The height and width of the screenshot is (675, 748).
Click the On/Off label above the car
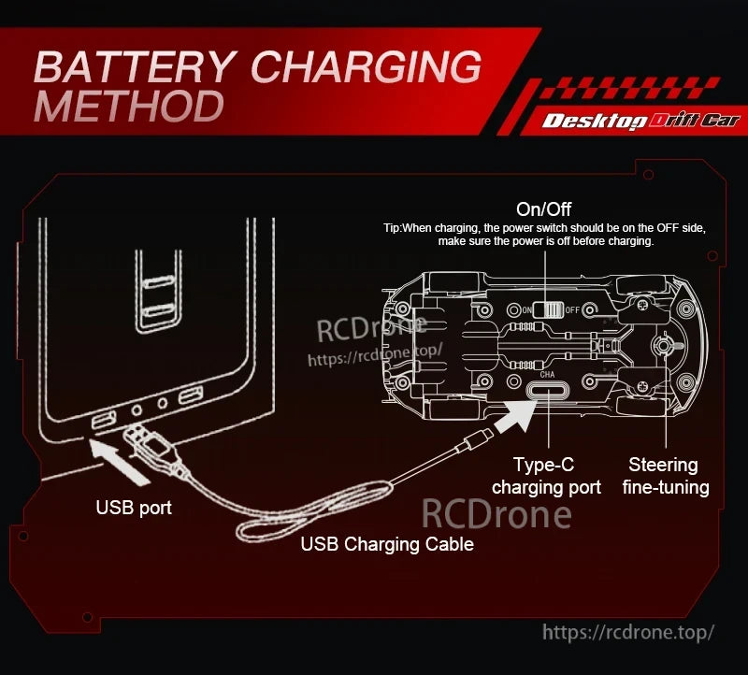click(543, 208)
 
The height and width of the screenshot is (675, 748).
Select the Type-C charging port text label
click(546, 476)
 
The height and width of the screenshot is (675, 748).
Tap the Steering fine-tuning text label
click(663, 476)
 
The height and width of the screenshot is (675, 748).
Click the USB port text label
click(134, 509)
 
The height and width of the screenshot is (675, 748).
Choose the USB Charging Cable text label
click(387, 544)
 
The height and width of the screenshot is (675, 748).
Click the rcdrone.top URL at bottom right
click(628, 632)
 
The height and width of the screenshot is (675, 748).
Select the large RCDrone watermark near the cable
click(496, 514)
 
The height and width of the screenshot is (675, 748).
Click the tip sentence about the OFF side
click(544, 234)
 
